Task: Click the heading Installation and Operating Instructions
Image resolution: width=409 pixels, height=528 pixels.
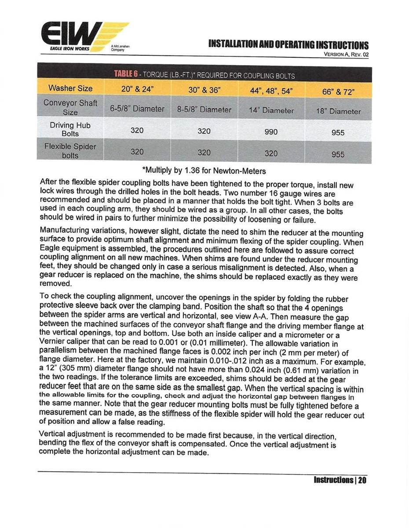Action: tap(288, 45)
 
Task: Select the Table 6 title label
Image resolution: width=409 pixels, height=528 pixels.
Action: tap(204, 75)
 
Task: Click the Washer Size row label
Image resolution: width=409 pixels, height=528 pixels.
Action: tap(70, 88)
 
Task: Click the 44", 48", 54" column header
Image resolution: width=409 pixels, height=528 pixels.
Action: tap(270, 92)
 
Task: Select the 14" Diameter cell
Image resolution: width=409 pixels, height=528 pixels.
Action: tap(270, 110)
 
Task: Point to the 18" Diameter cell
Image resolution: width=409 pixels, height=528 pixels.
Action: tap(338, 111)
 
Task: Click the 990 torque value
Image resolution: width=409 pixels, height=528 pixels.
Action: tap(271, 132)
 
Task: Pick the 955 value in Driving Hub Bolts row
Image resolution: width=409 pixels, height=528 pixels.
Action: tap(338, 132)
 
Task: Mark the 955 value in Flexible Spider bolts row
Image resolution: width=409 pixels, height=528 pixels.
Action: tap(338, 154)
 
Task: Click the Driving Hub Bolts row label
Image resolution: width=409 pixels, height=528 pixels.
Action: tap(70, 129)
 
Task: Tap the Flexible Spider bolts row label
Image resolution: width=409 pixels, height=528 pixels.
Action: tap(70, 150)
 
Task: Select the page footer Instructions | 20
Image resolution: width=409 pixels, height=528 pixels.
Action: tap(340, 480)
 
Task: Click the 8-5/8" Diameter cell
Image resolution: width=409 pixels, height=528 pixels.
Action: tap(204, 109)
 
